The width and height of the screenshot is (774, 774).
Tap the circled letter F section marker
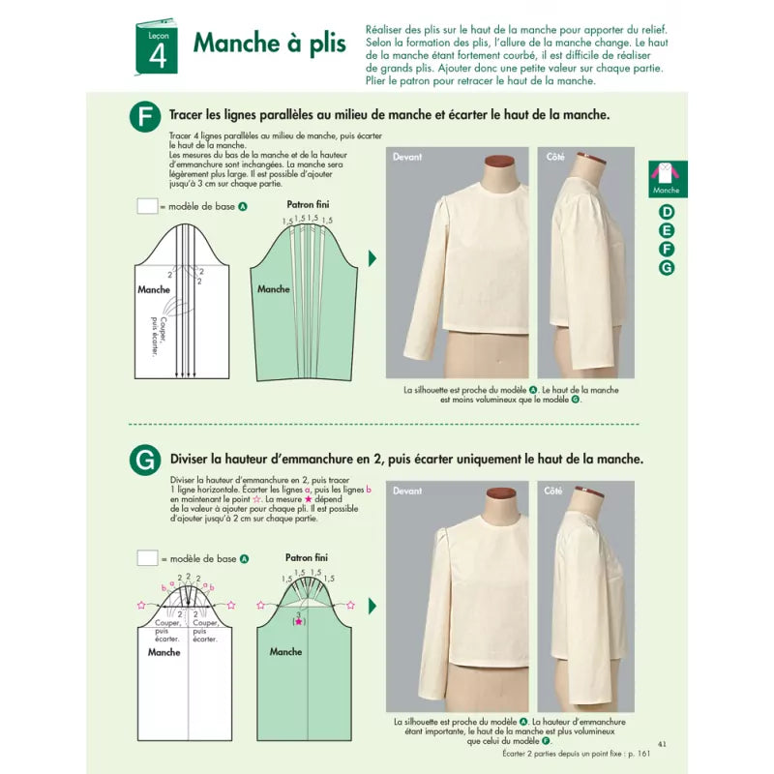point(144,117)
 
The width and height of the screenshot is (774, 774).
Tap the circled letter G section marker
point(144,461)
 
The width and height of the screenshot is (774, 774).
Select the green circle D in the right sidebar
point(667,212)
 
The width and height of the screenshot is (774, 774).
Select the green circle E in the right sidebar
point(667,230)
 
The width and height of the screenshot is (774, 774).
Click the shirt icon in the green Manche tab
point(667,173)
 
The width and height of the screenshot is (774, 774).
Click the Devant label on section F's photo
point(408,156)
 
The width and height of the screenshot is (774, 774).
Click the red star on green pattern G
point(300,621)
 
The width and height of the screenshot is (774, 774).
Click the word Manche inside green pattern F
point(274,288)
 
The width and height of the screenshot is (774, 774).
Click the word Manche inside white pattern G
point(164,652)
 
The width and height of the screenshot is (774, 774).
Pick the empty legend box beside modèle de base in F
point(147,206)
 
